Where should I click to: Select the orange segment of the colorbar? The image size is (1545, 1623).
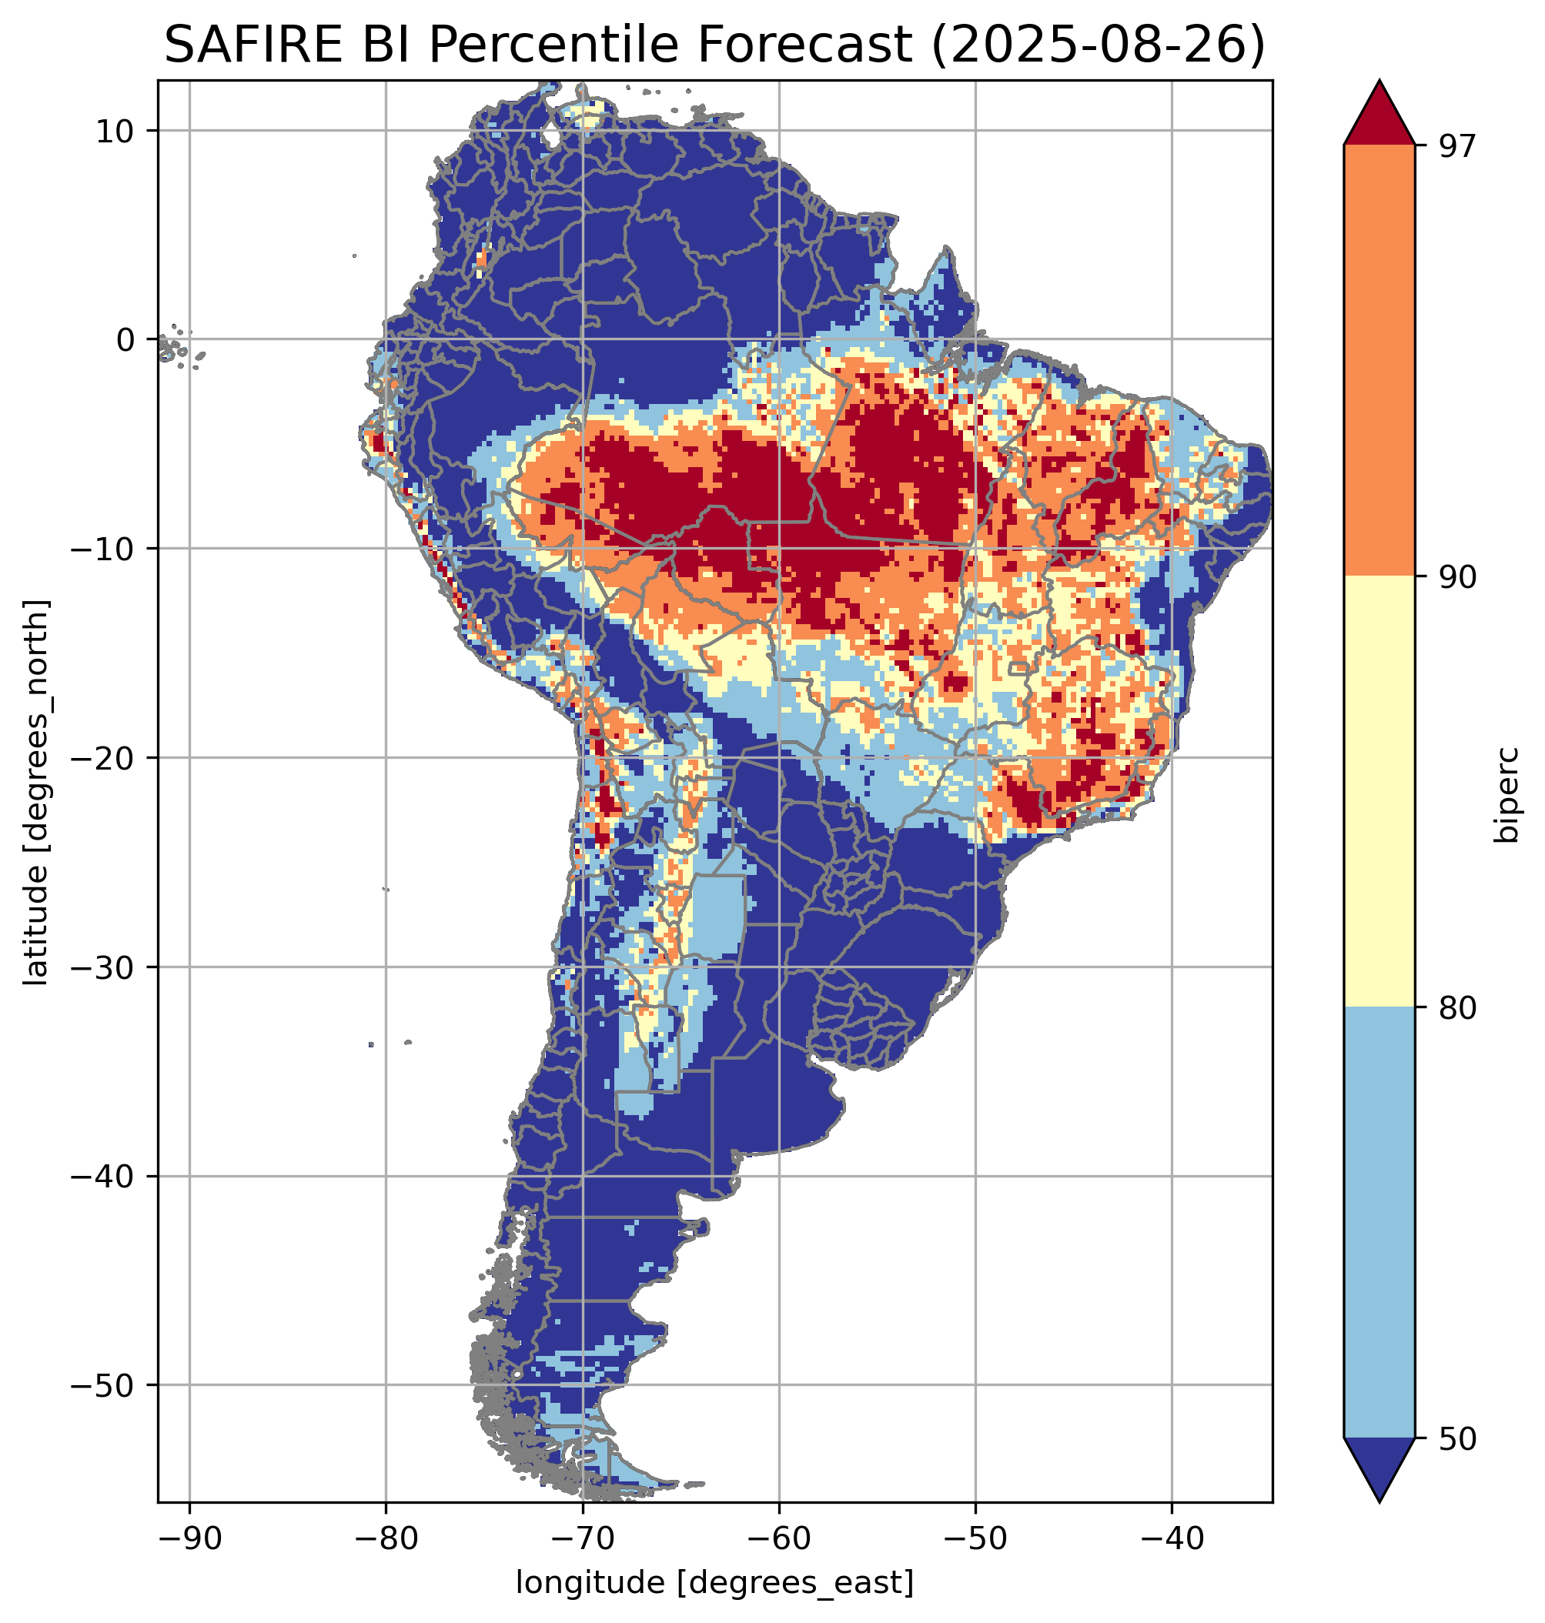[x=1379, y=361]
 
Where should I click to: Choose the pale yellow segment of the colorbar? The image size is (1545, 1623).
[x=1379, y=790]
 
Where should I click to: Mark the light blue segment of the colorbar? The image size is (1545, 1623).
[x=1379, y=1223]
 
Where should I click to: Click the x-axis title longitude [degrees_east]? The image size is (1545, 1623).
[x=714, y=1583]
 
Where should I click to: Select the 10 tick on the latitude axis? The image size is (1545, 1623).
[x=115, y=131]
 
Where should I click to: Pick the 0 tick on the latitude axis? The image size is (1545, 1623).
[x=125, y=339]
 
